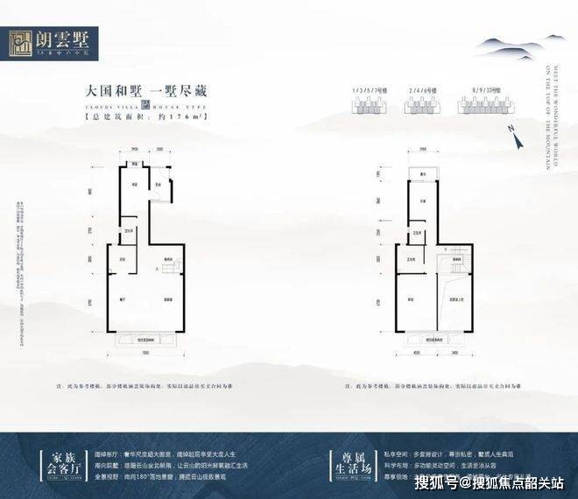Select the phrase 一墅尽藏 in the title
tap(173, 89)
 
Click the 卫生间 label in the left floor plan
tap(129, 230)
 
